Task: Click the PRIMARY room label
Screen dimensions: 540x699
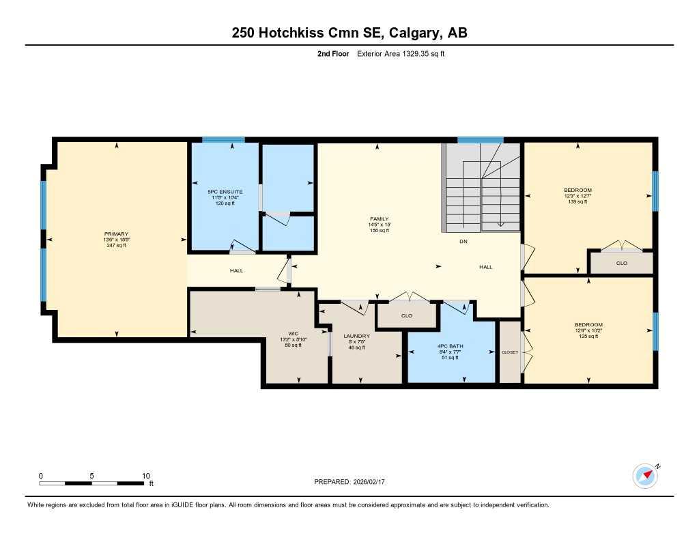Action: click(x=116, y=234)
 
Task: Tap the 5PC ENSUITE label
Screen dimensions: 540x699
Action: click(x=225, y=192)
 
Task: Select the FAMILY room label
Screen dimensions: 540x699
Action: click(x=379, y=219)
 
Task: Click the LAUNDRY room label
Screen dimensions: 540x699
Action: click(x=356, y=336)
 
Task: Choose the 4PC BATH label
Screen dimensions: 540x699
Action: click(x=451, y=346)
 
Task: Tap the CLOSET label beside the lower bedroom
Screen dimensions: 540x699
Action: click(x=509, y=352)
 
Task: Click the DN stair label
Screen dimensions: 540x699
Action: click(x=463, y=242)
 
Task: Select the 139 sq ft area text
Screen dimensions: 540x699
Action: click(x=577, y=201)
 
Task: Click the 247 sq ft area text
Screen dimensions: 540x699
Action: click(x=116, y=245)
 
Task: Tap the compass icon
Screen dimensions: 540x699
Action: click(x=644, y=475)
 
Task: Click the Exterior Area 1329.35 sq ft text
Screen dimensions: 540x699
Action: click(x=401, y=53)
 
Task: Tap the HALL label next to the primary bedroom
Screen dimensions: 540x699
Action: click(x=236, y=271)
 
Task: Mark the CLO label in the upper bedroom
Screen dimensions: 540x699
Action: click(x=621, y=263)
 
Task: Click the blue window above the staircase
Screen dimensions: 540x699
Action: click(x=480, y=140)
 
